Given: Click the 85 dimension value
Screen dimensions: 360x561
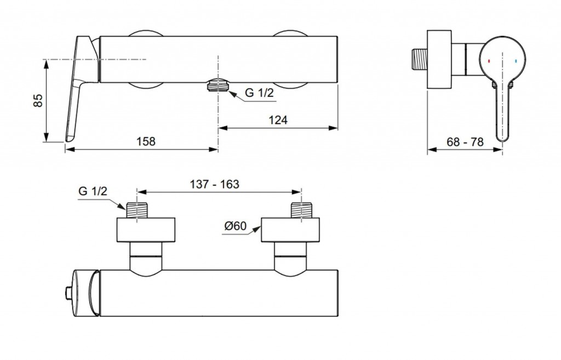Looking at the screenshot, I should pyautogui.click(x=38, y=99).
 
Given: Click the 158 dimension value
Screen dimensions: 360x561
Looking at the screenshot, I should pyautogui.click(x=145, y=141).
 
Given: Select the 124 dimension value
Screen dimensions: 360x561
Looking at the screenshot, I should pyautogui.click(x=278, y=120).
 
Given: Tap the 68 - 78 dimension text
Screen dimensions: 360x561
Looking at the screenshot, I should pyautogui.click(x=465, y=141).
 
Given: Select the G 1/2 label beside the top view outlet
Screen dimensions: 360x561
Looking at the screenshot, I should pyautogui.click(x=259, y=93).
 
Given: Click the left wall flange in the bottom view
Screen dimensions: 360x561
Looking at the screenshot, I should pyautogui.click(x=147, y=230).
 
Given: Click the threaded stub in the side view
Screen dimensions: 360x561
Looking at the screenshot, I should pyautogui.click(x=421, y=60).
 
